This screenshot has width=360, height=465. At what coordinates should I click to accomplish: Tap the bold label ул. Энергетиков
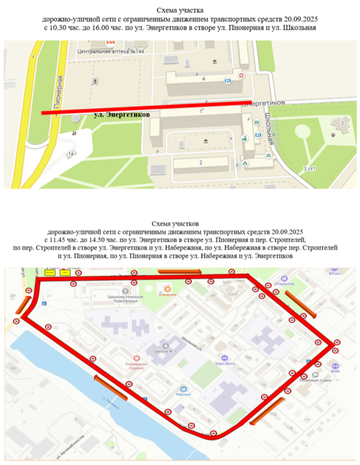click(x=122, y=115)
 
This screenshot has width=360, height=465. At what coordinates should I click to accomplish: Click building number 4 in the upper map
click(x=203, y=78)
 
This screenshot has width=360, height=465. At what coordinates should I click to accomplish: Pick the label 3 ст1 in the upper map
click(x=310, y=167)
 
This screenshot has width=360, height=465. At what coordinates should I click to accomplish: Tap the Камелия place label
click(x=168, y=296)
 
